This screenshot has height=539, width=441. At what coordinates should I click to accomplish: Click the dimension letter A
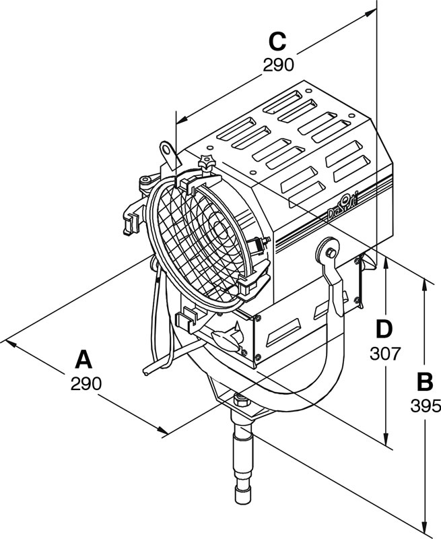83,359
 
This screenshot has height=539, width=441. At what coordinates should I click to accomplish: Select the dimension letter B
425,381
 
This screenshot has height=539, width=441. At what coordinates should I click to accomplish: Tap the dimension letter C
277,41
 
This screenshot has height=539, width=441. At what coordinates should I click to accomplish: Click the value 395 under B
425,406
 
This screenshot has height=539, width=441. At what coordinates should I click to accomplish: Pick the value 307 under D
385,352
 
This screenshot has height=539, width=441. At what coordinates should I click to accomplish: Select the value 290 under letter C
278,65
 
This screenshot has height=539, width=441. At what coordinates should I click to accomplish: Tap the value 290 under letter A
86,383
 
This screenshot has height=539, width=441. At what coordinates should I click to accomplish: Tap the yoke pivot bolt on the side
330,251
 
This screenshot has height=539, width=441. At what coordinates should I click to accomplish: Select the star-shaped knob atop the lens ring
206,161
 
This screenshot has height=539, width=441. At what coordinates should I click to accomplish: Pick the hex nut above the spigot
240,403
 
